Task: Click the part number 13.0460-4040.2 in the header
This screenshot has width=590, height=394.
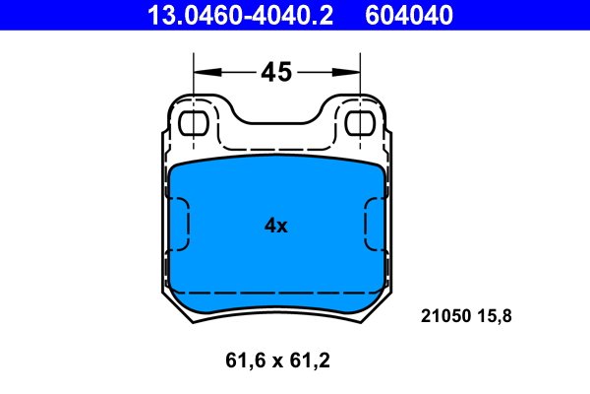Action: pyautogui.click(x=241, y=15)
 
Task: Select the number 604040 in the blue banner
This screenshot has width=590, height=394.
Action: pyautogui.click(x=409, y=15)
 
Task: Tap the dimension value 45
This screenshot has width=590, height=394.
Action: pyautogui.click(x=276, y=72)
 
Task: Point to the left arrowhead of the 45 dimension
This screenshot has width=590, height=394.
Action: pyautogui.click(x=207, y=72)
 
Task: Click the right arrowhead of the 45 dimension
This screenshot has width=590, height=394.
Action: pyautogui.click(x=346, y=72)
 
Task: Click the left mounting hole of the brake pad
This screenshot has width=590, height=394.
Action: pyautogui.click(x=194, y=123)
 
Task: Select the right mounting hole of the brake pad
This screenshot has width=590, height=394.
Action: pyautogui.click(x=361, y=123)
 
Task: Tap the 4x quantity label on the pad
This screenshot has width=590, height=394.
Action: pyautogui.click(x=275, y=226)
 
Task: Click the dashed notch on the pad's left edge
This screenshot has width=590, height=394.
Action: pyautogui.click(x=187, y=224)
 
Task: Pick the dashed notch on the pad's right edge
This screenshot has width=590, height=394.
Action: pyautogui.click(x=366, y=224)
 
